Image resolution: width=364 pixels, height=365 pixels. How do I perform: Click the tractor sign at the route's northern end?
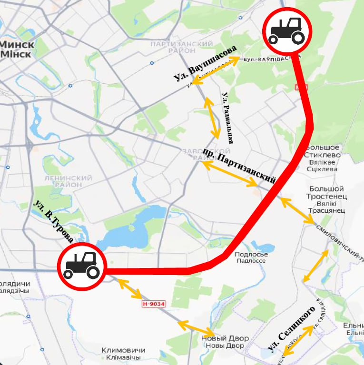pos(287,31)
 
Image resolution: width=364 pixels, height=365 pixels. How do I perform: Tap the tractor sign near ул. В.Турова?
pos(81,266)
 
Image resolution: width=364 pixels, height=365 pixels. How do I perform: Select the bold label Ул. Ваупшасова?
pos(205,63)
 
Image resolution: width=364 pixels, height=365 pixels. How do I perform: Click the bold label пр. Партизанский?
pos(239,165)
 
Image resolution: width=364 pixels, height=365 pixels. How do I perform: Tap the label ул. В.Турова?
pos(53,221)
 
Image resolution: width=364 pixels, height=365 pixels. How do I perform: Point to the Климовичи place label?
pos(123,354)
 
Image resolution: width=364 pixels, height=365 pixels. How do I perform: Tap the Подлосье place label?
pos(251,257)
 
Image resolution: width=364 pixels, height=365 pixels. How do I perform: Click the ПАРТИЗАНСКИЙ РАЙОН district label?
pos(181,47)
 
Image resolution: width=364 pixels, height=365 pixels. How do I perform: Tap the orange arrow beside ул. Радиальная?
pos(212,117)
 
